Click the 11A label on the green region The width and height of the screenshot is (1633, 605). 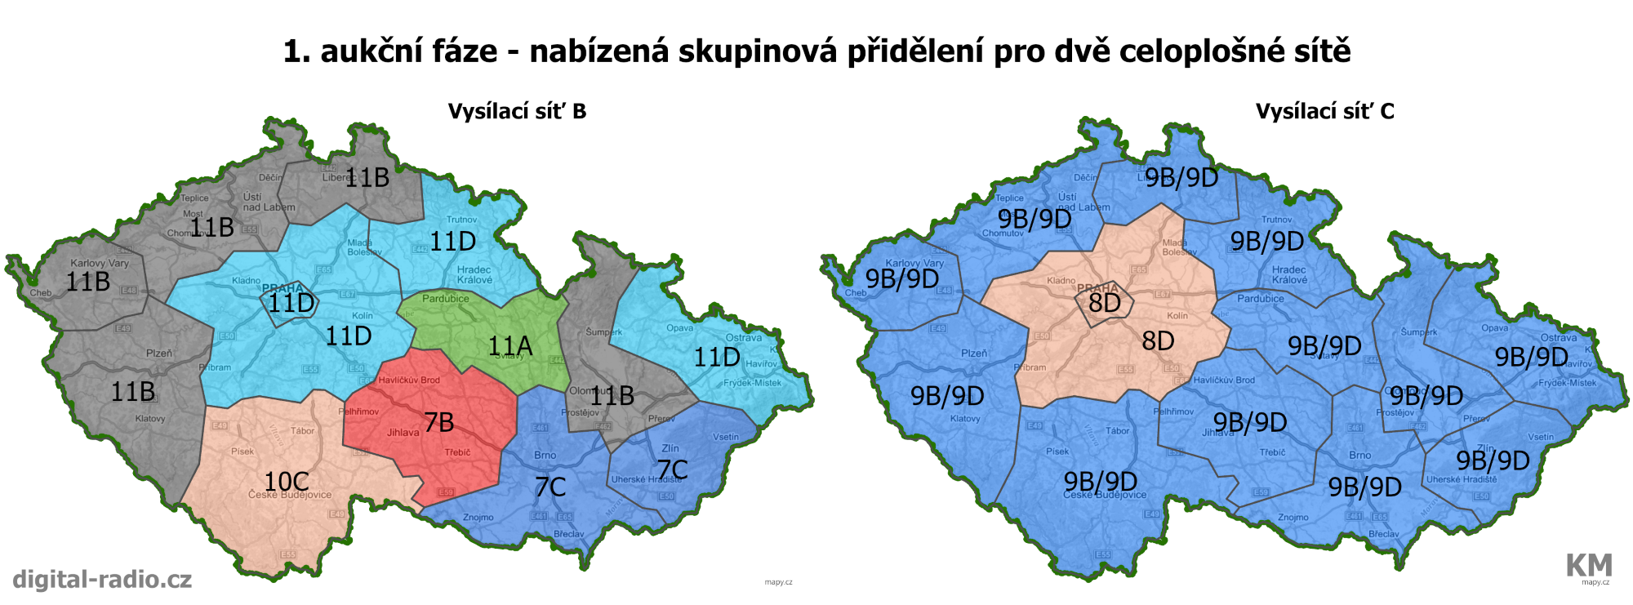[x=510, y=347]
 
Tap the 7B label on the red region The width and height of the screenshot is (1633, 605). [x=439, y=422]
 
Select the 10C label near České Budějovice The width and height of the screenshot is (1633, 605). [x=287, y=482]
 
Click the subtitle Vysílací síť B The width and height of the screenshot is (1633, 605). [x=517, y=112]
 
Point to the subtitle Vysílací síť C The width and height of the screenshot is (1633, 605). [x=1324, y=112]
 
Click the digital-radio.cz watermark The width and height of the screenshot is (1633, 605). [x=102, y=580]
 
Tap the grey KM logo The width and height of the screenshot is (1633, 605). [x=1588, y=565]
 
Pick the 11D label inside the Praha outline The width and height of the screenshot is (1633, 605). [x=291, y=304]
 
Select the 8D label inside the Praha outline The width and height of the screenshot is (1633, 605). [x=1105, y=303]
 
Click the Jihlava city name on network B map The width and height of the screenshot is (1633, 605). [x=403, y=433]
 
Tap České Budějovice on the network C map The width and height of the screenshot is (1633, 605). [x=1105, y=495]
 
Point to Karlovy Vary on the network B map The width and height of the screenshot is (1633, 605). [x=100, y=263]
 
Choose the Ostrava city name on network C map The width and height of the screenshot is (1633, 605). [x=1559, y=337]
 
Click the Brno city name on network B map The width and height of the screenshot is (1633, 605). [x=545, y=456]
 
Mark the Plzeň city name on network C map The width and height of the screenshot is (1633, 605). [x=974, y=354]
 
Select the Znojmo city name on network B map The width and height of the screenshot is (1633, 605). [x=478, y=518]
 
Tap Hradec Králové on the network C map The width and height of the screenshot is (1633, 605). [x=1288, y=274]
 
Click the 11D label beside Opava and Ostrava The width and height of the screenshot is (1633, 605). [x=717, y=357]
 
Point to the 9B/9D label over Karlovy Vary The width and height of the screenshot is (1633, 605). [x=902, y=279]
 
